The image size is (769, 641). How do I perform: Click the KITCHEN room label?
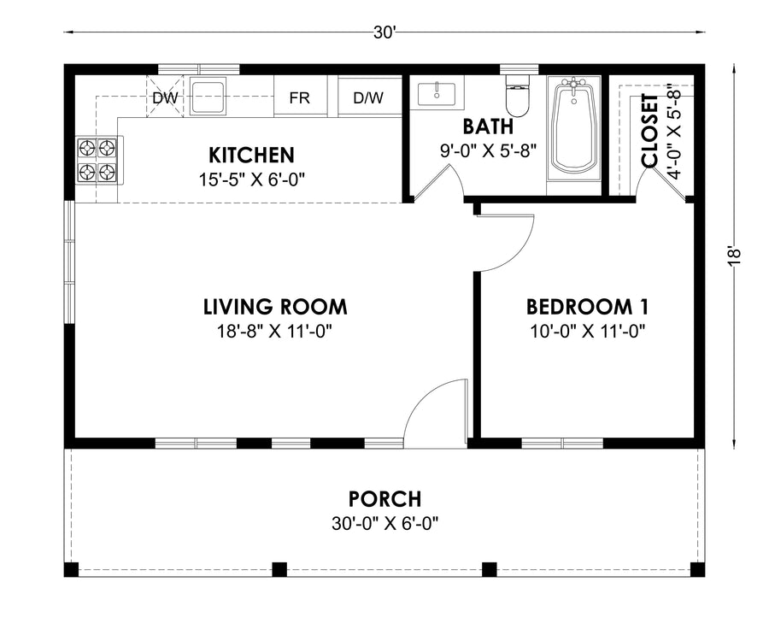coord(251,155)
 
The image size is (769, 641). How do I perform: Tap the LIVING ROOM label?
coord(275,307)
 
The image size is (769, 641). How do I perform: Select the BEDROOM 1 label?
coord(588,307)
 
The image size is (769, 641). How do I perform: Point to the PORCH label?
coord(385,499)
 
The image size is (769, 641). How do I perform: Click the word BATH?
coord(488,126)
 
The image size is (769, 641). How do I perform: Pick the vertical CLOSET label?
coord(649,131)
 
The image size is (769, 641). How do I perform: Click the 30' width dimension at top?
coord(384,32)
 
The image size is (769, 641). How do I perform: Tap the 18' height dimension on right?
coord(733,256)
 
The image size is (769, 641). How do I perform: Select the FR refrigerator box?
coord(300,96)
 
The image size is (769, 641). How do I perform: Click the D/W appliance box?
coord(369,96)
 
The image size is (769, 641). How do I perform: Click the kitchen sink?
coord(208,96)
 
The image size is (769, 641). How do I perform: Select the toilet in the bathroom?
coord(518,95)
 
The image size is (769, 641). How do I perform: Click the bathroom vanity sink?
coord(437,94)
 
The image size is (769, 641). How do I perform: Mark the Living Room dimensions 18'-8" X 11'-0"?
coord(274,332)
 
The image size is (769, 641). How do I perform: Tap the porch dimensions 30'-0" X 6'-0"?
coord(385,524)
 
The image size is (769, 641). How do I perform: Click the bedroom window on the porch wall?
coord(562,444)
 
